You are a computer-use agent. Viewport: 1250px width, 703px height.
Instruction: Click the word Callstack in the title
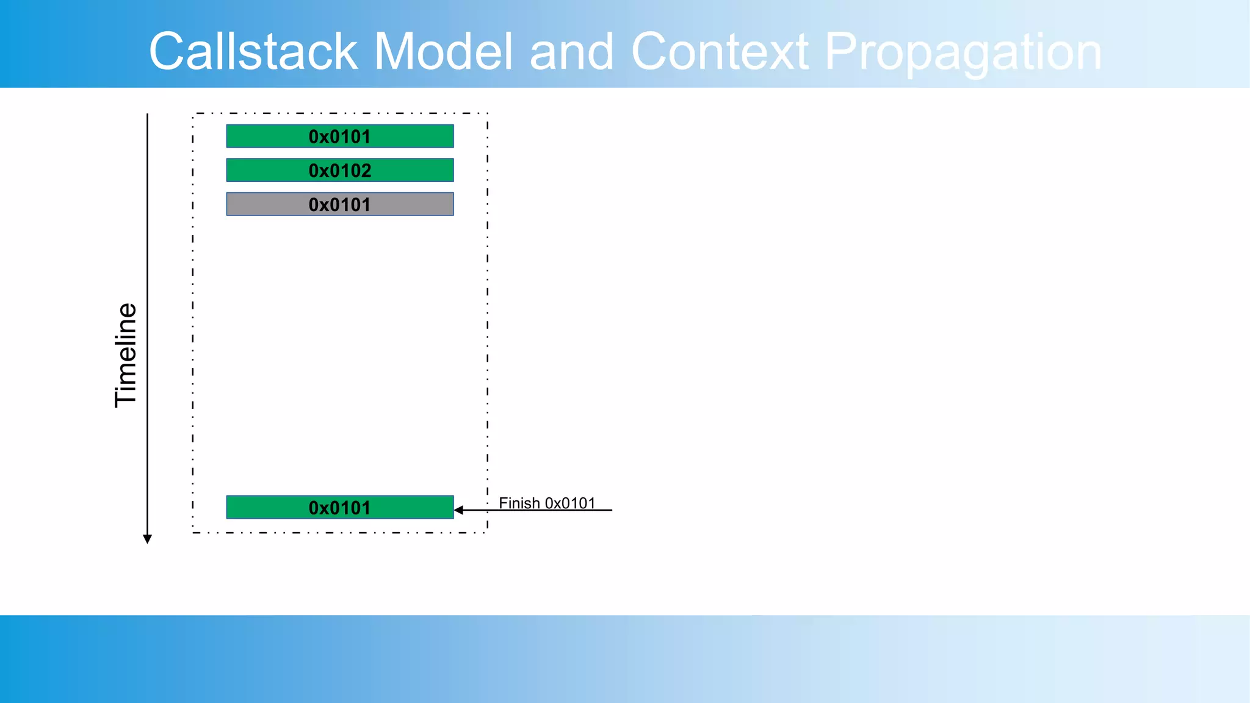click(253, 52)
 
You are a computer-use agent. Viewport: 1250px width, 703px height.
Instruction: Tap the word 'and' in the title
click(571, 52)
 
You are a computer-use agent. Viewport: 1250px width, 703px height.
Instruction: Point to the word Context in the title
click(720, 52)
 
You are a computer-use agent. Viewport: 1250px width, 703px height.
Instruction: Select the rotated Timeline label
click(126, 355)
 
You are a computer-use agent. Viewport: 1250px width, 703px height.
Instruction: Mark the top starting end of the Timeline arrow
click(147, 115)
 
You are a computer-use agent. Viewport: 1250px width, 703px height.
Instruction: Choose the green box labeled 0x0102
click(340, 170)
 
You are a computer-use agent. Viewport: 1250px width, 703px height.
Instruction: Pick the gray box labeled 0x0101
click(340, 204)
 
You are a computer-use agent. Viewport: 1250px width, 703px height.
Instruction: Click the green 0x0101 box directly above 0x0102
click(340, 136)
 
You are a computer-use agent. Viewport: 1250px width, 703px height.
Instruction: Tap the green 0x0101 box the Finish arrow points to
click(340, 507)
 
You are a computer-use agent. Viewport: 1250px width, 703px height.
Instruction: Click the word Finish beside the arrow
click(519, 503)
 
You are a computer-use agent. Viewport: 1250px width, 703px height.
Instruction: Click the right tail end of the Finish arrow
click(611, 510)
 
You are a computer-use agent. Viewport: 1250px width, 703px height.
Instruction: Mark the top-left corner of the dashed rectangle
click(193, 114)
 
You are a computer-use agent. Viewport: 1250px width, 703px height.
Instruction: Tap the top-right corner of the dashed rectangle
click(488, 114)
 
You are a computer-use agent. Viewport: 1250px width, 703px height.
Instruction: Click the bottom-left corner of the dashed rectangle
click(193, 533)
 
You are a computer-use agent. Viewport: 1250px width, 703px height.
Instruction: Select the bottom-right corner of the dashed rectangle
click(488, 533)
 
